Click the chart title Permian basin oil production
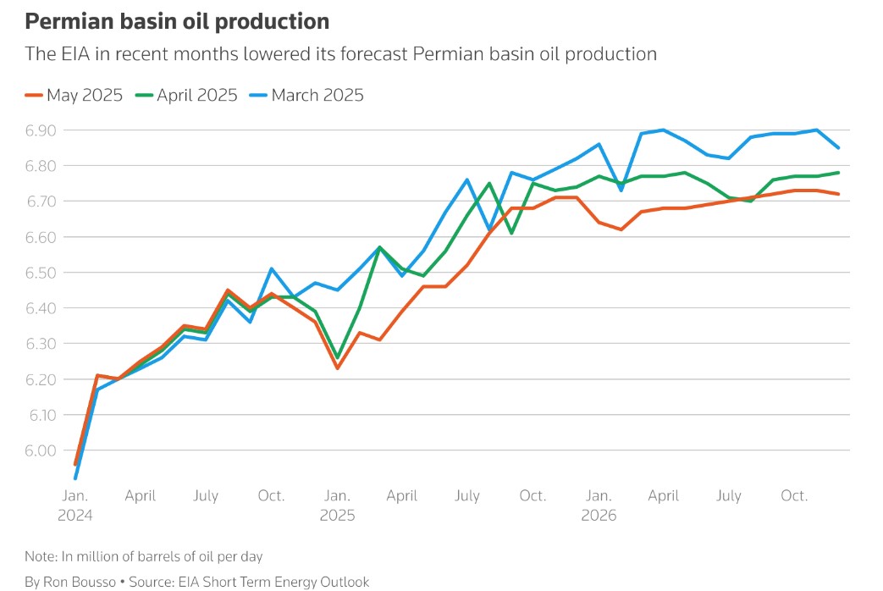coord(177,20)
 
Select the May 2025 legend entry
coord(84,95)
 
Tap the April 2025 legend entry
coord(196,95)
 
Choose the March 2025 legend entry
coord(317,95)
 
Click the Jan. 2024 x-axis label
coord(76,505)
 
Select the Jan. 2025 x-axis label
coord(338,505)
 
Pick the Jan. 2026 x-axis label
coord(599,505)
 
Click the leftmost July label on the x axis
coord(206,495)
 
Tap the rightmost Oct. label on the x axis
coord(794,495)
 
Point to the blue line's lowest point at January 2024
coord(76,478)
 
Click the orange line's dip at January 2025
coord(338,367)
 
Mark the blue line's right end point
coord(838,148)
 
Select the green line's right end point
coord(838,173)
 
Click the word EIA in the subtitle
coord(69,54)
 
